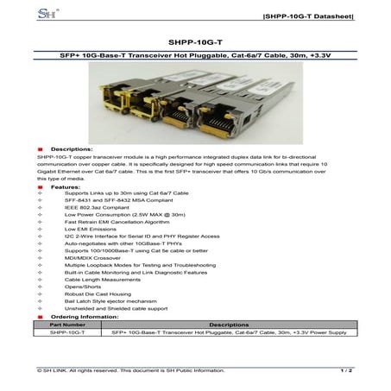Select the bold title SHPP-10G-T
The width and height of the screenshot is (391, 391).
coord(195,40)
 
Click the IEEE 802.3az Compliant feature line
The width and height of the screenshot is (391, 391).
coord(91,208)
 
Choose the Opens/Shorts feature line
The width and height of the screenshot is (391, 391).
coord(80,287)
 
